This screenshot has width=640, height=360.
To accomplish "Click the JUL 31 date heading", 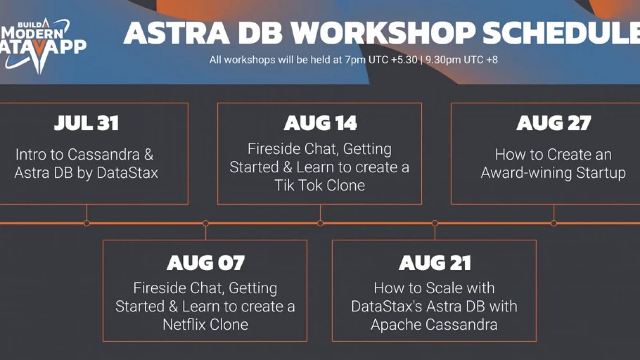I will (86, 123).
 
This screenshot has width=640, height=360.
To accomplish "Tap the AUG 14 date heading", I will (320, 123).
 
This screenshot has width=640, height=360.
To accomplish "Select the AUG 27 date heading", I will (553, 123).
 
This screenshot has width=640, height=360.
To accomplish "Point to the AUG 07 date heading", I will (205, 263).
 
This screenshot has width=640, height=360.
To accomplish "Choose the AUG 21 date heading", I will (434, 263).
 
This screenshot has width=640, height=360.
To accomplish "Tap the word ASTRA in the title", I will (176, 33).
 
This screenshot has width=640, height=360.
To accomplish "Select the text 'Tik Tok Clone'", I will (319, 185).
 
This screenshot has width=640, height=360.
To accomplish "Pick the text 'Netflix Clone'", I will (205, 324).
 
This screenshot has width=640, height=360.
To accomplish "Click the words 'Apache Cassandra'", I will (434, 324).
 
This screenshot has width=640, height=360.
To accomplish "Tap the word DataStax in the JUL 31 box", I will (127, 173).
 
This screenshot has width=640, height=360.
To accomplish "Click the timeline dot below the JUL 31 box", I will (87, 223).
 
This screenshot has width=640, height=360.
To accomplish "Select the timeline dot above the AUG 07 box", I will (206, 223).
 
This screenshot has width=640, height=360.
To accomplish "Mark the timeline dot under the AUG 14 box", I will (320, 223).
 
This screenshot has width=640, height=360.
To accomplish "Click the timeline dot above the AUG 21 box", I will (435, 223).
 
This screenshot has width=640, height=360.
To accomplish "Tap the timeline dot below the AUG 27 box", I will (554, 223).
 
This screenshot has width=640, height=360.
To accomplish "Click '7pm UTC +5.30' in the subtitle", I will (381, 60).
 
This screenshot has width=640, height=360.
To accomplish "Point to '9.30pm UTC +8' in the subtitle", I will (461, 60).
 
